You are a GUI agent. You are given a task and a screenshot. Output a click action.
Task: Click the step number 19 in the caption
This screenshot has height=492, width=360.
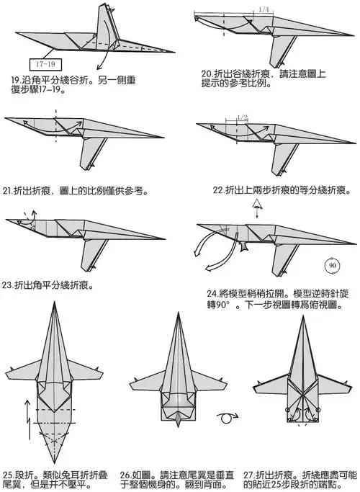[x=15, y=78]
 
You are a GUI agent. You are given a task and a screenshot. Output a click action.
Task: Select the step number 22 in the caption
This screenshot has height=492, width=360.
[x=219, y=191]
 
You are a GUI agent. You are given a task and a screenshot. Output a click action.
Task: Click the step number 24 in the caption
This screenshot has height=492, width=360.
[x=212, y=294]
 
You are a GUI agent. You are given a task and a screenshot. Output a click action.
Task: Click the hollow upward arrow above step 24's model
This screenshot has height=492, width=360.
[x=255, y=210]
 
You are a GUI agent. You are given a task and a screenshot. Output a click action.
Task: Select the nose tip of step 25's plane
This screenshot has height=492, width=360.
[x=55, y=305]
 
